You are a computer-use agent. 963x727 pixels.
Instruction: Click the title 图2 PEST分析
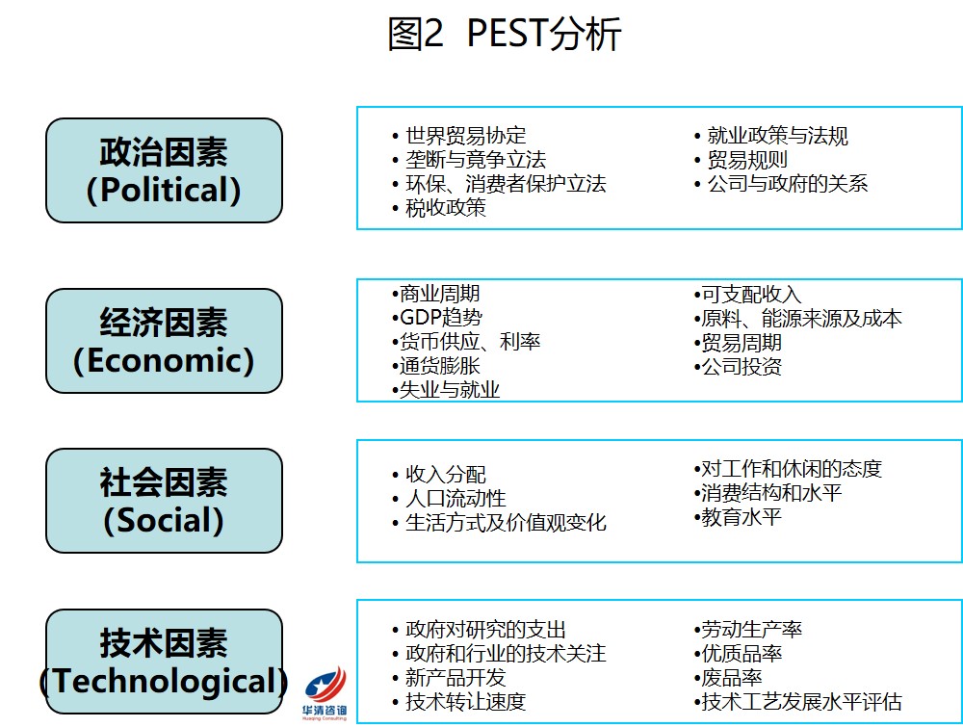pyautogui.click(x=505, y=33)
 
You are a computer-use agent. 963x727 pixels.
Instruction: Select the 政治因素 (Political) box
pyautogui.click(x=164, y=170)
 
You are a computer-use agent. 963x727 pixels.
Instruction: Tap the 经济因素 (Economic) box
pyautogui.click(x=164, y=341)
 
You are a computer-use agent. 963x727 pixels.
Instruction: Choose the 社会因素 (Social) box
pyautogui.click(x=164, y=501)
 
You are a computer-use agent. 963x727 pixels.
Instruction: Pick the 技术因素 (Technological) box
pyautogui.click(x=164, y=662)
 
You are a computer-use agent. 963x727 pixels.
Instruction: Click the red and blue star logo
pyautogui.click(x=325, y=693)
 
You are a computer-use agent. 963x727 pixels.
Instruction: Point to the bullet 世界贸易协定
pyautogui.click(x=458, y=135)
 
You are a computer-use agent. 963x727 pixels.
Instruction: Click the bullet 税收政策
pyautogui.click(x=438, y=208)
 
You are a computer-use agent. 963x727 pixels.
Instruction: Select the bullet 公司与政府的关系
pyautogui.click(x=781, y=183)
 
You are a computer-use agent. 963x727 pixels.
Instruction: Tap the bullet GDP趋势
pyautogui.click(x=436, y=317)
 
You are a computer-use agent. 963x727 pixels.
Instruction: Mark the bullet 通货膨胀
pyautogui.click(x=435, y=365)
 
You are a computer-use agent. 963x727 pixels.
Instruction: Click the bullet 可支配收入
pyautogui.click(x=747, y=294)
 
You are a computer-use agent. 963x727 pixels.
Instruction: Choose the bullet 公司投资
pyautogui.click(x=738, y=367)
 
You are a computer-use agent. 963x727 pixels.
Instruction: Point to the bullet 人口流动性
pyautogui.click(x=449, y=498)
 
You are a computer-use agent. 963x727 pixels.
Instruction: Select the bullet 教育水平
pyautogui.click(x=738, y=517)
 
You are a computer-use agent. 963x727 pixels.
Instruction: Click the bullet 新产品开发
pyautogui.click(x=449, y=677)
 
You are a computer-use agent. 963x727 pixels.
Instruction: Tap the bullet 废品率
pyautogui.click(x=728, y=677)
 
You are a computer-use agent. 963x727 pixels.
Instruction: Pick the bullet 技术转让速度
pyautogui.click(x=458, y=701)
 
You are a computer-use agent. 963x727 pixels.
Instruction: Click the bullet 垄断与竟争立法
pyautogui.click(x=469, y=160)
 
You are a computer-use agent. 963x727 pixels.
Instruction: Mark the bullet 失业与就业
pyautogui.click(x=445, y=389)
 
